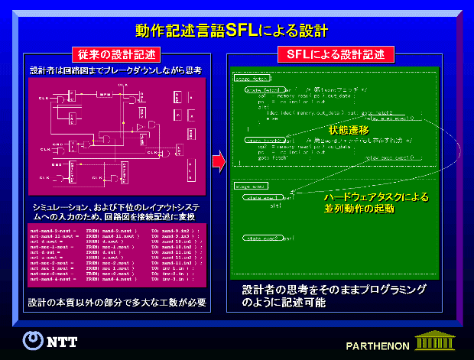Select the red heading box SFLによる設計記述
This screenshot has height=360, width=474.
pyautogui.click(x=334, y=55)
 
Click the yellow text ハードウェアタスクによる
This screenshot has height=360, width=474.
pyautogui.click(x=375, y=196)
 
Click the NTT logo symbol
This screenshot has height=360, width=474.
pyautogui.click(x=32, y=339)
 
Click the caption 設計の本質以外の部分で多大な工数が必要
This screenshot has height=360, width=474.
pyautogui.click(x=117, y=302)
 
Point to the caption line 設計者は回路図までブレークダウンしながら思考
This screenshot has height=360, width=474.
pyautogui.click(x=115, y=70)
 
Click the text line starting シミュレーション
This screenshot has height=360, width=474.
pyautogui.click(x=116, y=207)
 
